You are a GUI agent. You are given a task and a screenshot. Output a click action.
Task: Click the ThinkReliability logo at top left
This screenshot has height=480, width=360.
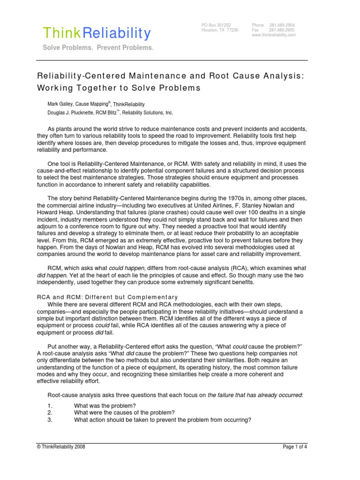(x=97, y=33)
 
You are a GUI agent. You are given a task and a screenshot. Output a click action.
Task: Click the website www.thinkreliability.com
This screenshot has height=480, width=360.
(x=274, y=35)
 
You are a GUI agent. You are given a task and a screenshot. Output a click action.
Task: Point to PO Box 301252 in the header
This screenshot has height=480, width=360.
(x=216, y=25)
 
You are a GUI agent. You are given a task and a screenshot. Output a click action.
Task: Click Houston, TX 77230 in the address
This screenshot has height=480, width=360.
(x=220, y=30)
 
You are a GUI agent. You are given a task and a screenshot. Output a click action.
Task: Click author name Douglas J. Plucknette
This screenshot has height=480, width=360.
(x=69, y=113)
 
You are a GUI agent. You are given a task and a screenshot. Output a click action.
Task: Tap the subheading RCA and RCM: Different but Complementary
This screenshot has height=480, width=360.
(x=107, y=297)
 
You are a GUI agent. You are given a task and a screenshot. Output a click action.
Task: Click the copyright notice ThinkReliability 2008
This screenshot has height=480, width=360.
(x=61, y=447)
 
